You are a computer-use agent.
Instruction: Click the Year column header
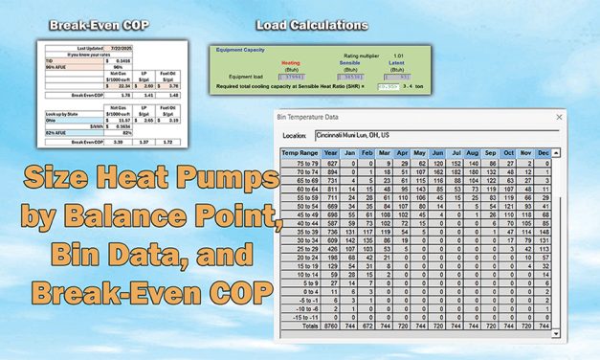[x=331, y=152]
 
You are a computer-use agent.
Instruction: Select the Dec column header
[x=544, y=152]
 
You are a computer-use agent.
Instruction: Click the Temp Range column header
[x=299, y=152]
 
